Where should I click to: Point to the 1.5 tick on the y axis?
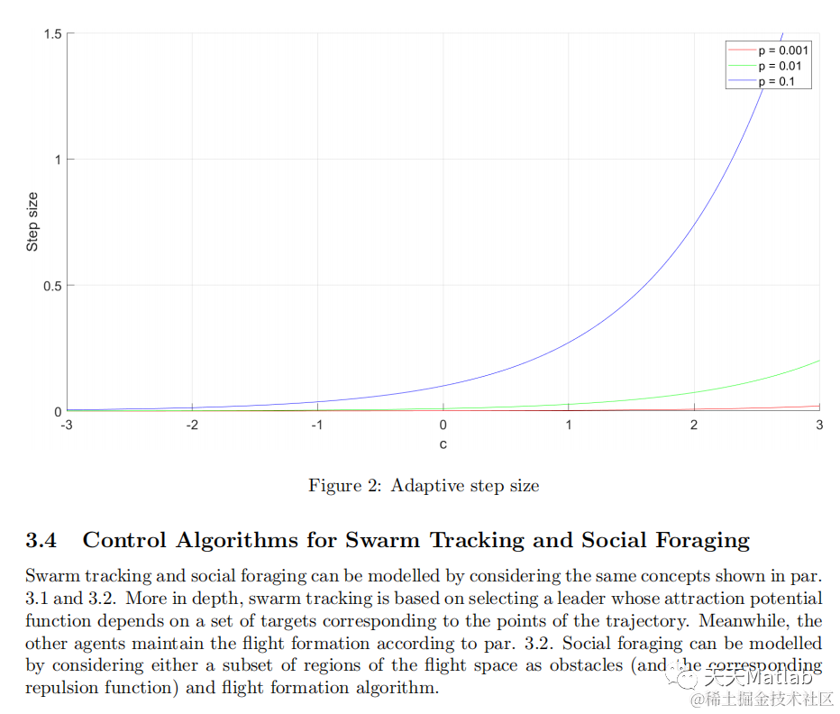[52, 33]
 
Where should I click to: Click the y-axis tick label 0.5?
[52, 286]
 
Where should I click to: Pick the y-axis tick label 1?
[58, 160]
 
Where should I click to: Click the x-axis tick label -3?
[66, 425]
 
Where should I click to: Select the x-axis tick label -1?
[316, 425]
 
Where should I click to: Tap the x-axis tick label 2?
[694, 425]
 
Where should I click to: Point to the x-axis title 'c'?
[443, 444]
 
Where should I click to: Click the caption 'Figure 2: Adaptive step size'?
[424, 486]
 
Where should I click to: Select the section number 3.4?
[41, 541]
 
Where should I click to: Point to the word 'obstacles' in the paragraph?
[528, 666]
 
